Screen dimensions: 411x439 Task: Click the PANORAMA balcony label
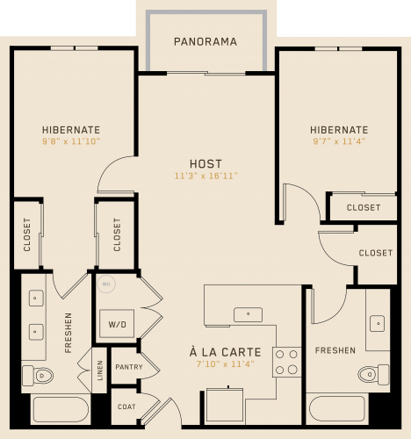click(205, 41)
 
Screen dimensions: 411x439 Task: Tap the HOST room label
click(205, 164)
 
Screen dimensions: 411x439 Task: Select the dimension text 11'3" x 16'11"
click(205, 176)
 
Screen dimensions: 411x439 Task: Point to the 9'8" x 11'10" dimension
click(71, 141)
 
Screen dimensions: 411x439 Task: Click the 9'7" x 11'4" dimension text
click(339, 141)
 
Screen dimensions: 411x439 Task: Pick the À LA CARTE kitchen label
click(225, 352)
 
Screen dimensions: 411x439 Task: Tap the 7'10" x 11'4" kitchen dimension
click(225, 364)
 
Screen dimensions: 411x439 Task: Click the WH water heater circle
click(106, 284)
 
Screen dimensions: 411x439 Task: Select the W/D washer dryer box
click(117, 324)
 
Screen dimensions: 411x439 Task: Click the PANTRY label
click(129, 367)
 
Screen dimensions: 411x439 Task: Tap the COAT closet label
click(126, 407)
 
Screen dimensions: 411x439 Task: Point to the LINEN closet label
click(100, 371)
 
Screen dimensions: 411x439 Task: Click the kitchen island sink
click(248, 314)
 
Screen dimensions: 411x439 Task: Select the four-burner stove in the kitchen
click(286, 362)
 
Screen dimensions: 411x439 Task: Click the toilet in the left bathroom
click(38, 375)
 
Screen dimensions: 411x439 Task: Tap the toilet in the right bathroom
click(374, 374)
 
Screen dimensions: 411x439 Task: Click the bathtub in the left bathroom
click(61, 409)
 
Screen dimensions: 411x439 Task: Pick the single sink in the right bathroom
click(378, 323)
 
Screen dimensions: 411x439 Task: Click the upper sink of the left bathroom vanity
click(36, 299)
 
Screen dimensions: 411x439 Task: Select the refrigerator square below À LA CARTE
click(225, 406)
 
